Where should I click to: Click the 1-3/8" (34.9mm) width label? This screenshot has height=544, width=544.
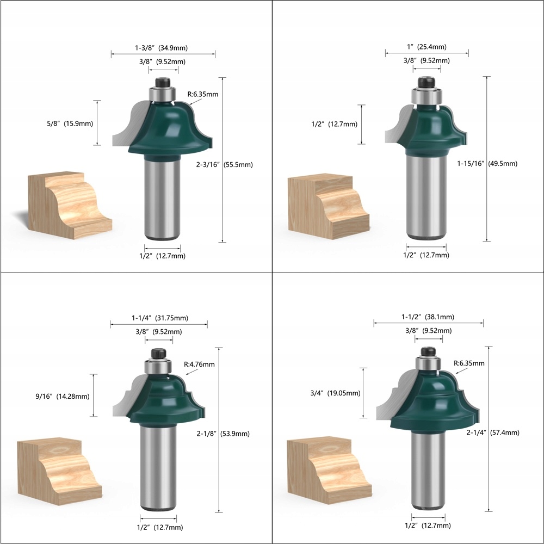[x=162, y=48]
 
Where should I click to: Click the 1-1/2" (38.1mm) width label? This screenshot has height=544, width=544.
[x=429, y=317]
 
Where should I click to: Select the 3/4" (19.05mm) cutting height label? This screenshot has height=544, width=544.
[x=335, y=393]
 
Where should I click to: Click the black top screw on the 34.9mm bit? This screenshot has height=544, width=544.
[x=162, y=83]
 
